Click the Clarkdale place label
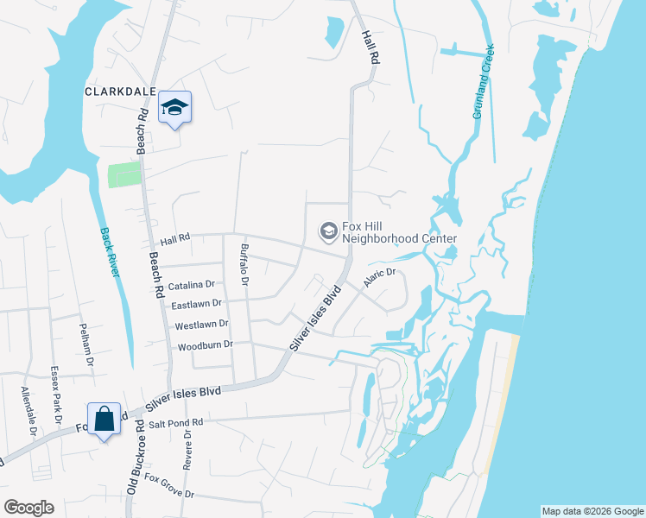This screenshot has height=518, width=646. click(120, 91)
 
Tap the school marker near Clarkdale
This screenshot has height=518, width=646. click(174, 107)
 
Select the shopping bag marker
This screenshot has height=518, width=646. click(104, 419)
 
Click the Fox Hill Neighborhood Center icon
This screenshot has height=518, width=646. click(328, 231)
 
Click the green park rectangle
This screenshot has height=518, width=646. click(123, 174)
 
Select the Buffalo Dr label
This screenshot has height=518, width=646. click(244, 264)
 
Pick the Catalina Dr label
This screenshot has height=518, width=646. click(191, 284)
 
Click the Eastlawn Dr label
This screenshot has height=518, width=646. click(197, 304)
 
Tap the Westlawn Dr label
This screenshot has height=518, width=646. click(201, 325)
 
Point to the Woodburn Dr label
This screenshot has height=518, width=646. click(205, 345)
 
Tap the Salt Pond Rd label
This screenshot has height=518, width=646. click(175, 423)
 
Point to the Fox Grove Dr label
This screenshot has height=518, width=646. click(169, 486)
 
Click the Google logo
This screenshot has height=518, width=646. click(28, 508)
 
